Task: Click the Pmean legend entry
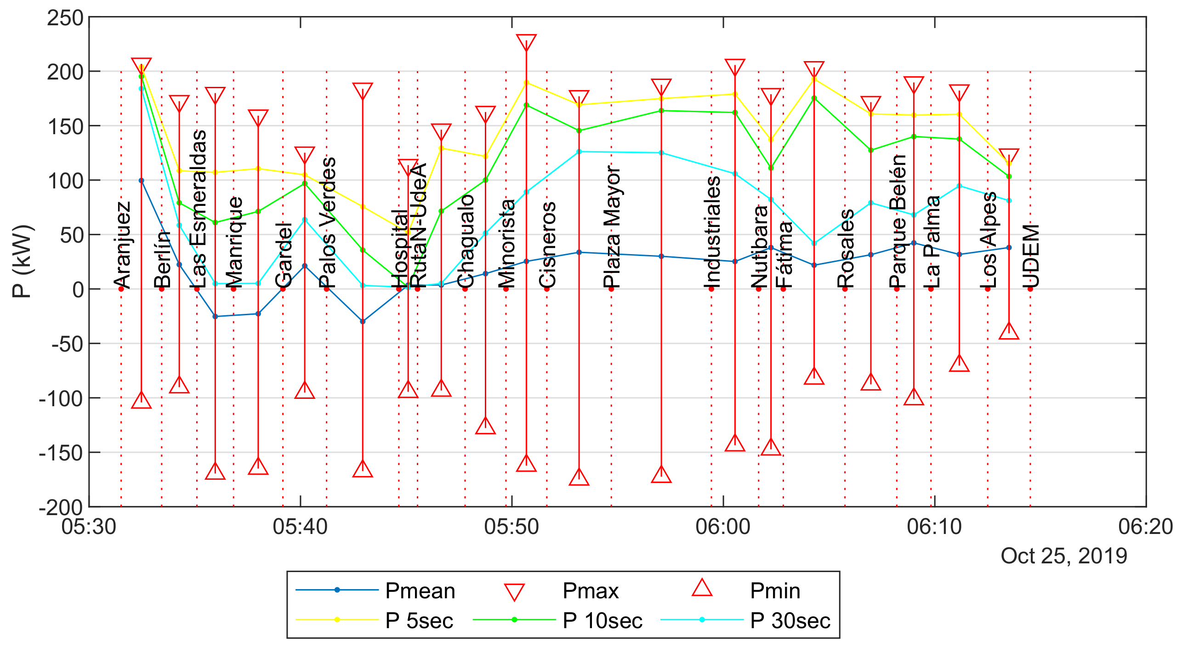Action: pos(420,590)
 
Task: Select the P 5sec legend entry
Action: pos(419,621)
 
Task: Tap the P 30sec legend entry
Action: pos(790,621)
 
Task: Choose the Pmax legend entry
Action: pos(590,590)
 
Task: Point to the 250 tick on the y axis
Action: pos(65,18)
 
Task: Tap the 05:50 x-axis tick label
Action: pos(511,527)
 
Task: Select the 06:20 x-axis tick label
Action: pos(1145,527)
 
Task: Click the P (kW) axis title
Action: pos(22,261)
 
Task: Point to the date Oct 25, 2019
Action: pos(1064,556)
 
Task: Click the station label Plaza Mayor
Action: pos(612,227)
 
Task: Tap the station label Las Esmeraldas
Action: pos(199,209)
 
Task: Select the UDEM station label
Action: pos(1031,256)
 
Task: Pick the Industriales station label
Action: pos(712,232)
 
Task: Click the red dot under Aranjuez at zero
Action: pos(121,289)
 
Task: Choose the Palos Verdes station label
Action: pos(328,222)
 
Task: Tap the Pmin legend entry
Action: pos(774,590)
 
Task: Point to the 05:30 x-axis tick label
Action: pos(89,527)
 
